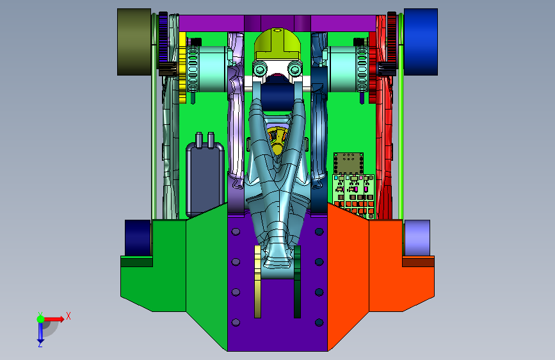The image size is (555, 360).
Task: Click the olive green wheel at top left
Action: (x=134, y=42)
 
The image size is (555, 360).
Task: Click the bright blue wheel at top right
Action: (x=421, y=42)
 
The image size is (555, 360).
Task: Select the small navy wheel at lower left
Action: (x=138, y=238)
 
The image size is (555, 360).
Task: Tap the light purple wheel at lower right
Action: (x=417, y=238)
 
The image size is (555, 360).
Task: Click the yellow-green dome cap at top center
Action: (x=278, y=44)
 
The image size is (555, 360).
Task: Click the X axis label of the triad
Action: (x=68, y=316)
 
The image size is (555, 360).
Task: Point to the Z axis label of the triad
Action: (x=40, y=344)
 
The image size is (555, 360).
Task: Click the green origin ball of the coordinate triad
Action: (x=40, y=319)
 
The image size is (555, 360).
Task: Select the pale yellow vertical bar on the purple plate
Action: (x=258, y=282)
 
